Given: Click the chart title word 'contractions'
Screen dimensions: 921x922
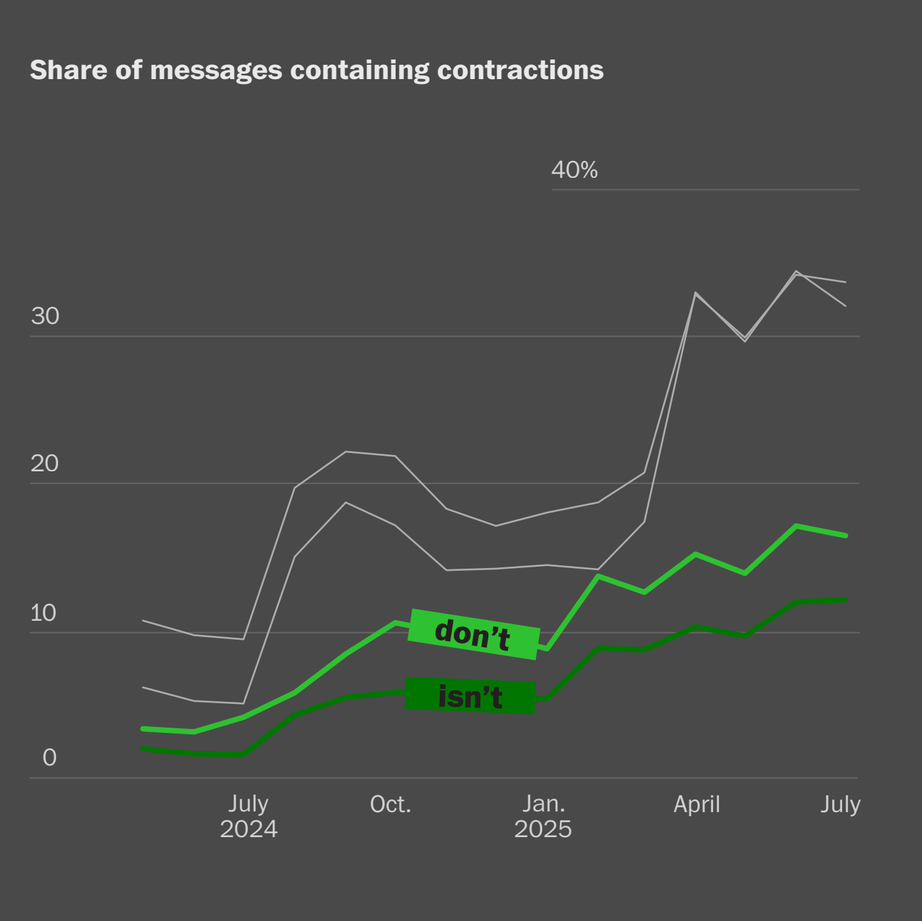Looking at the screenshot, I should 520,70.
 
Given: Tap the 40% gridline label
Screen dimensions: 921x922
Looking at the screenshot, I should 574,170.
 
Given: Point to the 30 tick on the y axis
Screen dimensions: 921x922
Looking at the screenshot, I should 45,316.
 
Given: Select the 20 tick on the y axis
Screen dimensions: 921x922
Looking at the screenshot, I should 45,464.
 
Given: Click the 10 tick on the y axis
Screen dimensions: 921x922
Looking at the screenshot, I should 43,613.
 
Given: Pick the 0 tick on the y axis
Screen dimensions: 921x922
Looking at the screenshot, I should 49,757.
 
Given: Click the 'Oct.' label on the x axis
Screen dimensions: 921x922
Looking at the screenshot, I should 390,804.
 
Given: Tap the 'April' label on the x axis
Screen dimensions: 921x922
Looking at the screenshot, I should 697,804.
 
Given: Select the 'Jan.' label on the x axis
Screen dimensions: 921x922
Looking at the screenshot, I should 543,804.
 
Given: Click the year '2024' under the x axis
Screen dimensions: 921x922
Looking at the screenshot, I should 248,829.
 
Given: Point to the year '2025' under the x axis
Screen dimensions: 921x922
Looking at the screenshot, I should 543,829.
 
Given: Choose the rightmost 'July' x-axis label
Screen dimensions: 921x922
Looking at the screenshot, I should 840,804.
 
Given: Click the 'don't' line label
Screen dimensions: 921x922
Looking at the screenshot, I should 473,634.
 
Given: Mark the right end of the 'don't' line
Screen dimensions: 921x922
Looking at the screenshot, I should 846,536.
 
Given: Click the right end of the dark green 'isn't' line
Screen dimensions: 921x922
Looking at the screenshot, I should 846,600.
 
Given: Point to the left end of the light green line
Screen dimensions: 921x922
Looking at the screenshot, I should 143,728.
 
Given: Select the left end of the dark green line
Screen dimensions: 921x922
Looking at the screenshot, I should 143,749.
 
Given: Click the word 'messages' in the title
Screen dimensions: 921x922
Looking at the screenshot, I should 216,70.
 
